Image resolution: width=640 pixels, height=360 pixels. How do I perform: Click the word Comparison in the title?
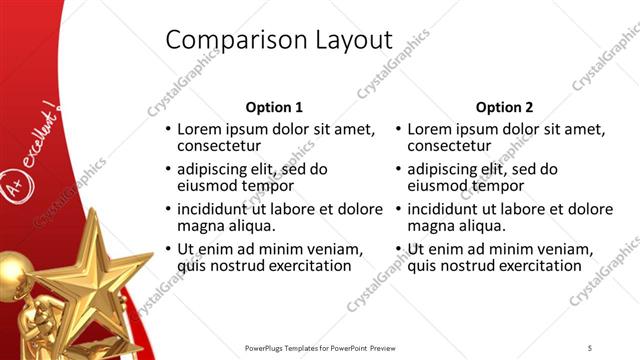click(226, 39)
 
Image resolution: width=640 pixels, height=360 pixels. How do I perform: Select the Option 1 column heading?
click(273, 107)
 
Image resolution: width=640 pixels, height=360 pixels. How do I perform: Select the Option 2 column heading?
click(505, 107)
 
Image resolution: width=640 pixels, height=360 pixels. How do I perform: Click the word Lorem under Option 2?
click(429, 130)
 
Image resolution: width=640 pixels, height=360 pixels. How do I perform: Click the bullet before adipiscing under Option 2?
click(399, 170)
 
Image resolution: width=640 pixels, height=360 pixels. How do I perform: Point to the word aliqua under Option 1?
click(245, 226)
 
